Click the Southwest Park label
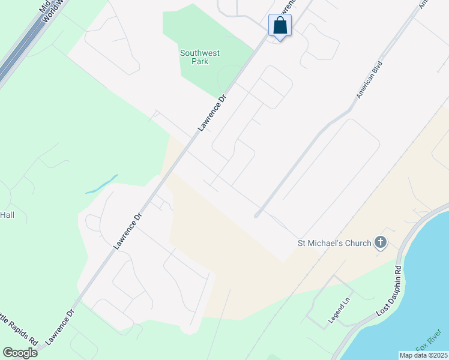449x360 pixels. tap(200, 57)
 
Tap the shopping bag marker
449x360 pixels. tap(280, 26)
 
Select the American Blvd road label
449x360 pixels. tap(369, 80)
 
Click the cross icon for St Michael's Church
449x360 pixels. tap(379, 243)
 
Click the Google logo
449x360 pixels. tap(20, 352)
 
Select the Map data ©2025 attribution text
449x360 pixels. tap(423, 355)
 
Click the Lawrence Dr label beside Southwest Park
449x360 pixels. tap(213, 113)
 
